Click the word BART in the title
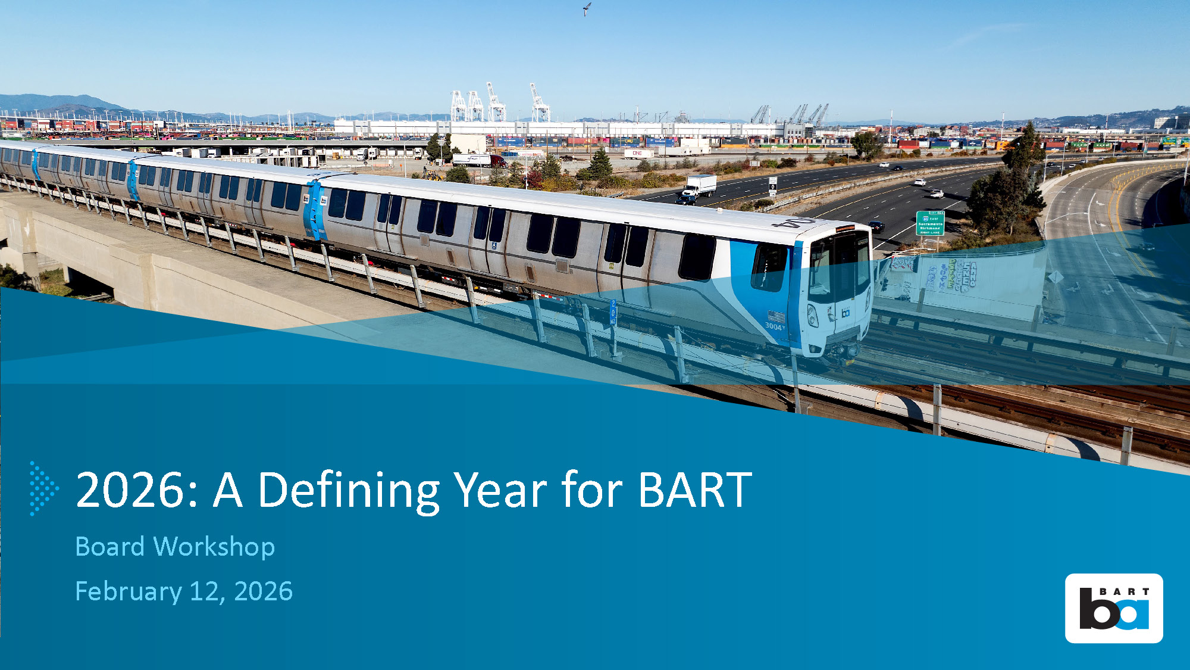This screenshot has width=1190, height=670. pyautogui.click(x=695, y=490)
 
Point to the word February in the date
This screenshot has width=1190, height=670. pyautogui.click(x=129, y=592)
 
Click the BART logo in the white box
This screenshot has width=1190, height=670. pyautogui.click(x=1114, y=608)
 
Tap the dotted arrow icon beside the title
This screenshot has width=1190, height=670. pyautogui.click(x=44, y=488)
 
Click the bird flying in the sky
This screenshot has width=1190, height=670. pyautogui.click(x=587, y=8)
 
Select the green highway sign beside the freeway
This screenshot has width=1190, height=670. pyautogui.click(x=930, y=223)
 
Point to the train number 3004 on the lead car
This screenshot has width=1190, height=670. pyautogui.click(x=774, y=326)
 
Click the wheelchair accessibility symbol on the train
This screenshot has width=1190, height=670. pyautogui.click(x=494, y=245)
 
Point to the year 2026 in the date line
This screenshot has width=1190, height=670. pyautogui.click(x=263, y=591)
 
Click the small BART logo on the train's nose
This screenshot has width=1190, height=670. pyautogui.click(x=845, y=312)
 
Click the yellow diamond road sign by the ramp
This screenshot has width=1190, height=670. pyautogui.click(x=1056, y=277)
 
